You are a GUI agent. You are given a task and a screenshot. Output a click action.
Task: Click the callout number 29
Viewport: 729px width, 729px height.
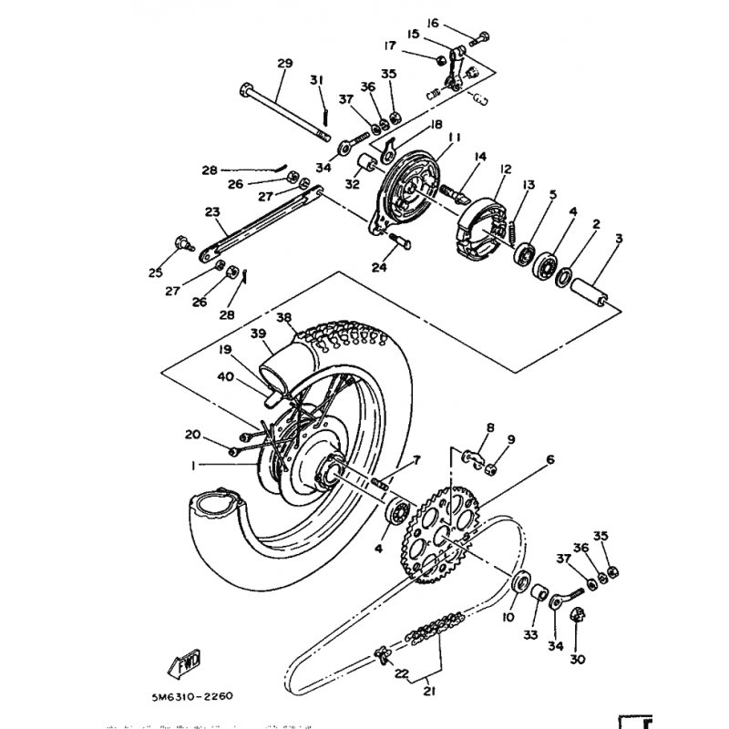coord(284,63)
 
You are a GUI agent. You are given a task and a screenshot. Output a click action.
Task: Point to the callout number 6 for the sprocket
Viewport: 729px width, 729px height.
coord(549,460)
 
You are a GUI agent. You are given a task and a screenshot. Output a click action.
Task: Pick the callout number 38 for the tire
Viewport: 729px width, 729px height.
coord(284,319)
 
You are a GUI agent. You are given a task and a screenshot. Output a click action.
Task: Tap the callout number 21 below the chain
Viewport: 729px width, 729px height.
coord(429,692)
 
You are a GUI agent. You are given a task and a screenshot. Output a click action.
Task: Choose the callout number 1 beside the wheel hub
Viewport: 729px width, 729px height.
coord(194,465)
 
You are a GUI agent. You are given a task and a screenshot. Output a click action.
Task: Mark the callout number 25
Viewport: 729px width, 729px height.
coord(155,272)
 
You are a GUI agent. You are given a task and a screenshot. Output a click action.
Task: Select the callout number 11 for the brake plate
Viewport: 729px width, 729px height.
coord(454,137)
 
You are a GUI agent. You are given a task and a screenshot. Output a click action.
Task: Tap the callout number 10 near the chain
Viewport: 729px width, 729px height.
coord(508,617)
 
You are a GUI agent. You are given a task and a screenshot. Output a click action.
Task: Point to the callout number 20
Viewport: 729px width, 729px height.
coord(192,434)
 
